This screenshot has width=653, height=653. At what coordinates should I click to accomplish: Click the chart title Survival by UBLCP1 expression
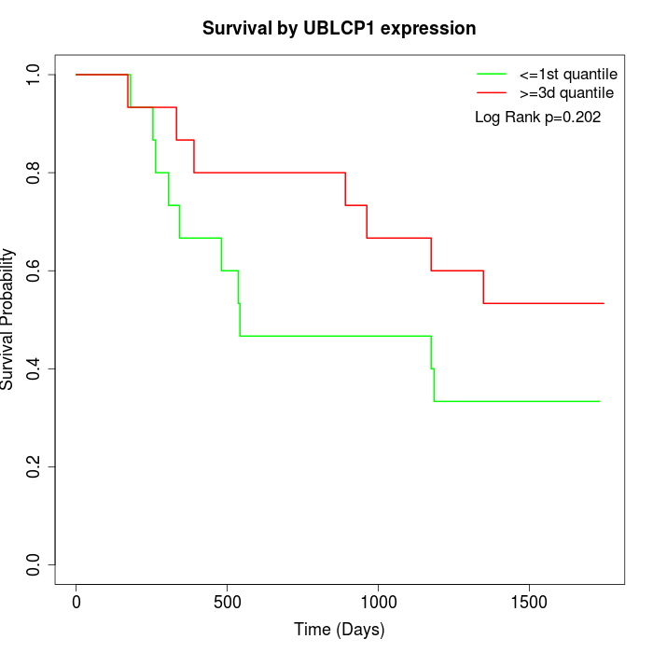click(340, 29)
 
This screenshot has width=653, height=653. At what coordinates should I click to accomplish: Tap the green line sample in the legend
click(492, 74)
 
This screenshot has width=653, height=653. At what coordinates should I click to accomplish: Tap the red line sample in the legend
click(492, 92)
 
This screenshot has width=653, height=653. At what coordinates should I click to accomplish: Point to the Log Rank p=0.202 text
click(537, 118)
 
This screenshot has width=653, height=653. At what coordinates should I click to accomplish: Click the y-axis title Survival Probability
click(8, 319)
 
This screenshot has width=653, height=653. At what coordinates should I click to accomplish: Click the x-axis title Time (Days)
click(340, 630)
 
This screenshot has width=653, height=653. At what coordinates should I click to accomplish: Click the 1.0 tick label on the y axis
click(34, 75)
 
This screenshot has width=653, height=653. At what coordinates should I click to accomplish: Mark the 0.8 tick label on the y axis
click(34, 173)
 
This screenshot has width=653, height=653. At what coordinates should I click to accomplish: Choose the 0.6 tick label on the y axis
click(34, 271)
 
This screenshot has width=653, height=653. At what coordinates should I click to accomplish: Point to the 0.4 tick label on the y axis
click(34, 368)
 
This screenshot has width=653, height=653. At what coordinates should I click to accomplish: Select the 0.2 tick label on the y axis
click(34, 466)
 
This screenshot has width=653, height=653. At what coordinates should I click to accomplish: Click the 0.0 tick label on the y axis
click(34, 564)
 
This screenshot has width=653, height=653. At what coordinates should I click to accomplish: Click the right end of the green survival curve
click(599, 401)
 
